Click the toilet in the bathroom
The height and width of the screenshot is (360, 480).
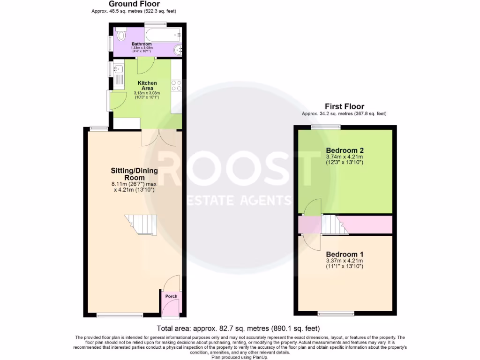point(121,35)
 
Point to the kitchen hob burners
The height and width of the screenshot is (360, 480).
point(177,85)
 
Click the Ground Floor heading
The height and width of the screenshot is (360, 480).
point(135,4)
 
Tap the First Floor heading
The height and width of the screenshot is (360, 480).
point(344,106)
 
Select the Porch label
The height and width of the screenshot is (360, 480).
point(172,296)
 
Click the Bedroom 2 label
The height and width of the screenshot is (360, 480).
point(345,150)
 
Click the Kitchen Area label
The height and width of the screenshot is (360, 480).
point(147,86)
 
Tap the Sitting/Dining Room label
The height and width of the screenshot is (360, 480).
point(134,174)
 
